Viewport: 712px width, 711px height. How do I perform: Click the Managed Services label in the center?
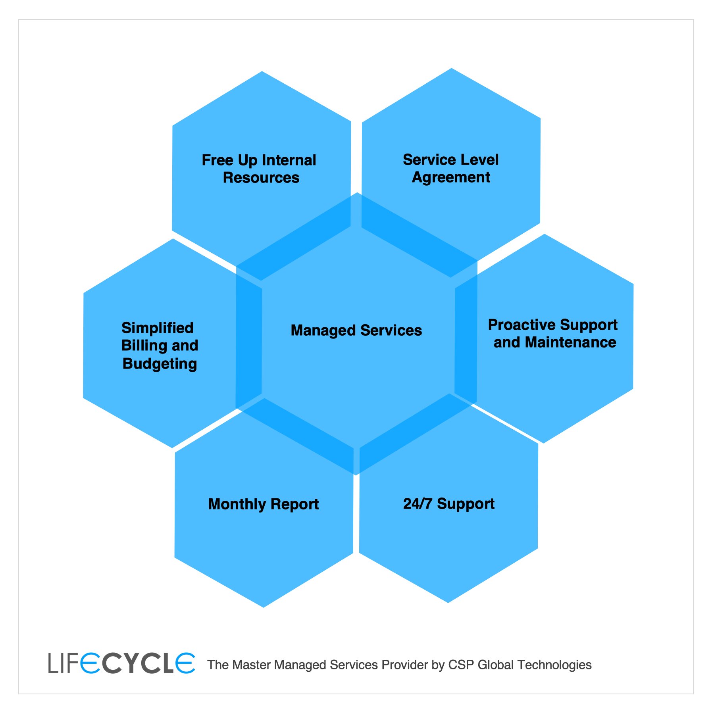[x=356, y=330]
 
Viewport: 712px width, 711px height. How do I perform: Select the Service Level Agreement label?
[x=450, y=168]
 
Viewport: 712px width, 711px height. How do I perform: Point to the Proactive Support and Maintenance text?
[x=553, y=333]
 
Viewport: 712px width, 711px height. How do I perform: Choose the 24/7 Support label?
[x=449, y=503]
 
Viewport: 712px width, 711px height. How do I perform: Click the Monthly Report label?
[x=264, y=504]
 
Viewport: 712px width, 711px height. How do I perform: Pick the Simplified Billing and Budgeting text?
[x=159, y=346]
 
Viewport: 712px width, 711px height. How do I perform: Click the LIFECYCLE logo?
[x=121, y=664]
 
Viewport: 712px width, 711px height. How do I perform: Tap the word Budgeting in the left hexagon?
[x=160, y=364]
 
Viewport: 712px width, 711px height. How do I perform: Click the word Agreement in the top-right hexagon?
[x=451, y=177]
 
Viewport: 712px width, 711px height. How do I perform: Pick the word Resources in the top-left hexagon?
[x=261, y=177]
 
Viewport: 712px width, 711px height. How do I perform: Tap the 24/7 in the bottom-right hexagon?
[x=418, y=503]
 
